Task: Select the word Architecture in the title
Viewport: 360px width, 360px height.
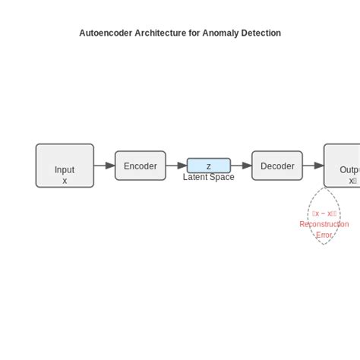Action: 158,33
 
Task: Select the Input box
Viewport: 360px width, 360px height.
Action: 65,165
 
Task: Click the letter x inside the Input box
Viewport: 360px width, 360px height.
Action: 65,181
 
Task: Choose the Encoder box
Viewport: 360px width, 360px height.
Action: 141,166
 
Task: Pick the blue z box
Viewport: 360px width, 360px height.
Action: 209,166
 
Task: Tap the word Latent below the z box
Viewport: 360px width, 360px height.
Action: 196,177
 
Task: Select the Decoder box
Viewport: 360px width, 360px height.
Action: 277,166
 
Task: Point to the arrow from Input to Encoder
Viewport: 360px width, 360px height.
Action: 105,166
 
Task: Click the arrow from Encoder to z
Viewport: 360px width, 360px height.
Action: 176,166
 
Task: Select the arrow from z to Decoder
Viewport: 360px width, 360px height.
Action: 242,166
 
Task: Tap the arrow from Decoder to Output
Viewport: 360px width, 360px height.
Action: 313,166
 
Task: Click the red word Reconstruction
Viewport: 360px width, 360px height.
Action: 324,224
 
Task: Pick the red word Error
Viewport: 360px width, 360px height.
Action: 324,235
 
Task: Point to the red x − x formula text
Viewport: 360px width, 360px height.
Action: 324,213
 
